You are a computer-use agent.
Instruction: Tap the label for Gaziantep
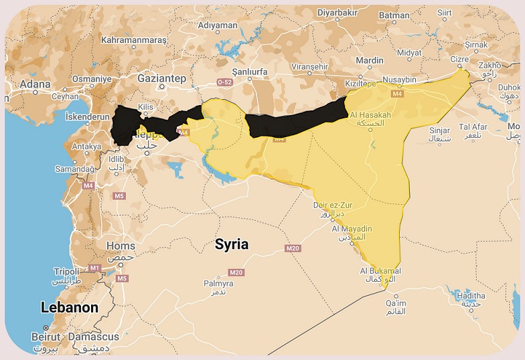161,78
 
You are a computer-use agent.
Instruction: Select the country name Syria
232,244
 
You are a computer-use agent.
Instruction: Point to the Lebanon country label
70,308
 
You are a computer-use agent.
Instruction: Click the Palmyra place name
218,284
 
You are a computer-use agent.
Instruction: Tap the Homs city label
121,246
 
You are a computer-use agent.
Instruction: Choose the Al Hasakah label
370,114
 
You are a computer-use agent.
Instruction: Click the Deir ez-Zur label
333,205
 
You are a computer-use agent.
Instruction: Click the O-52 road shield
224,82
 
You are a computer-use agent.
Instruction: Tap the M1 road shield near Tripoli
94,268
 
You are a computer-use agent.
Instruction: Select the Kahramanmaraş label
133,40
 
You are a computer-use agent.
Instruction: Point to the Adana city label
35,84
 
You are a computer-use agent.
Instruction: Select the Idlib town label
117,159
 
